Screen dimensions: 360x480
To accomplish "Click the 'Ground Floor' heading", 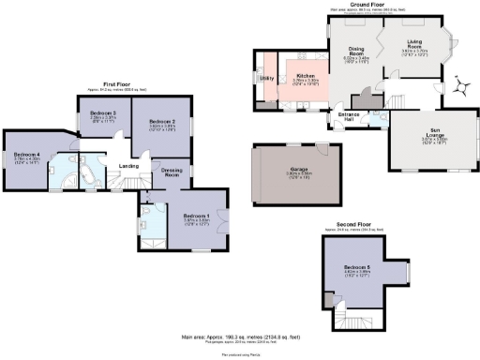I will [371, 4].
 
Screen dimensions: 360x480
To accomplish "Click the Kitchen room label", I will [306, 77].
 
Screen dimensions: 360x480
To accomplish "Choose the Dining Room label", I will [357, 51].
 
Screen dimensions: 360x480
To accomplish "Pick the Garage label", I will [299, 172].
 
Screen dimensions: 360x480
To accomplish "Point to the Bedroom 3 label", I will [102, 113].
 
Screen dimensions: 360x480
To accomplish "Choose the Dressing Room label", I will [172, 172].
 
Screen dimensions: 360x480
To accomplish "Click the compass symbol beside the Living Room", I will [459, 87].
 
